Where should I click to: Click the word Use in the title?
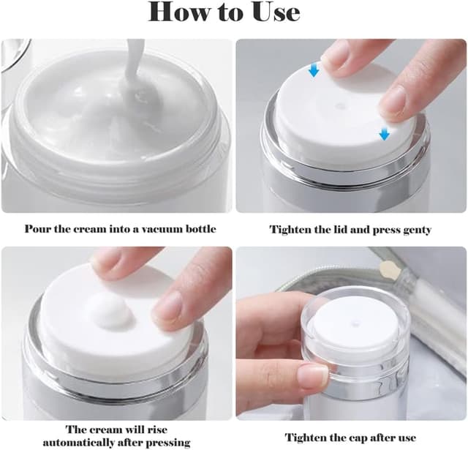pyautogui.click(x=272, y=12)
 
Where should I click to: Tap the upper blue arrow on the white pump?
pyautogui.click(x=314, y=70)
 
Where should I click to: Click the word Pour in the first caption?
pyautogui.click(x=37, y=229)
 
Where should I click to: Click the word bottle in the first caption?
pyautogui.click(x=200, y=229)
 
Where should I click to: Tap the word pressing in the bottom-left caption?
pyautogui.click(x=168, y=442)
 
